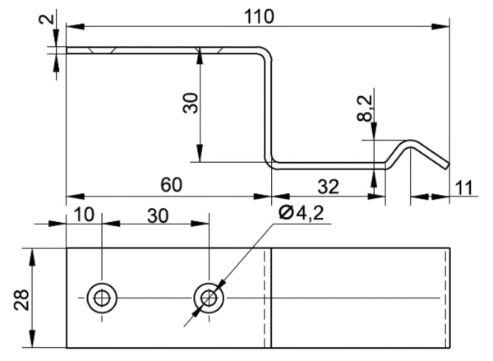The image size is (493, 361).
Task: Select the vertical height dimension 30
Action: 189,104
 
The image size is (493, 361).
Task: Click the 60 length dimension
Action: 171,185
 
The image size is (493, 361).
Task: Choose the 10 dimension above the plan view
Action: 84,214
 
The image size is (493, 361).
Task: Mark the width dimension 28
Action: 22,298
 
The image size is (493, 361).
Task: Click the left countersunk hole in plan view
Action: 101,297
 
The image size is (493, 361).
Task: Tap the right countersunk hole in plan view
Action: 209,297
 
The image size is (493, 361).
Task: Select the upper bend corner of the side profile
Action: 265,54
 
